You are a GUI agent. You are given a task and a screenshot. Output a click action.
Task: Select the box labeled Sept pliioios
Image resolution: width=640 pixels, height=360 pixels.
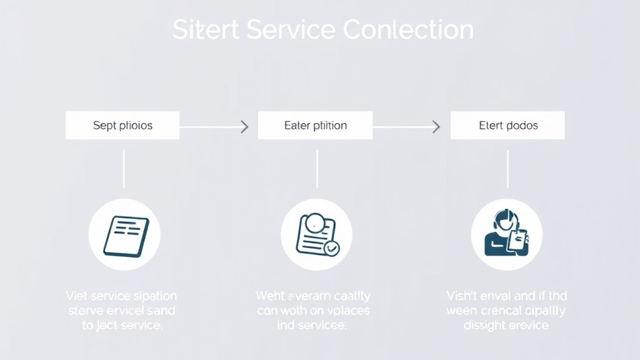[122, 126]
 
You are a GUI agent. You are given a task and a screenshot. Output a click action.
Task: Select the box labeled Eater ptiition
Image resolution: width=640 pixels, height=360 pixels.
[315, 126]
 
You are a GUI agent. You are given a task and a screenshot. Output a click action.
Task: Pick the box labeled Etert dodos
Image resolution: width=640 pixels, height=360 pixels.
[507, 126]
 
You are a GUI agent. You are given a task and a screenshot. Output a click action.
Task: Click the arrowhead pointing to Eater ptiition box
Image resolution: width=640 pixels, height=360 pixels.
[245, 127]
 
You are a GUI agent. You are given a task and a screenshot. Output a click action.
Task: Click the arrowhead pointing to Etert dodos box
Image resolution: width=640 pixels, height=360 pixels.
[436, 127]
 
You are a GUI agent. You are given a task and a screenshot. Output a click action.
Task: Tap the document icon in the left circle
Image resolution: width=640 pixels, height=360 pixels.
[125, 236]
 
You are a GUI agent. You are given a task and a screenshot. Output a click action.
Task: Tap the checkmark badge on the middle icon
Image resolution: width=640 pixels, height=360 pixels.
[332, 248]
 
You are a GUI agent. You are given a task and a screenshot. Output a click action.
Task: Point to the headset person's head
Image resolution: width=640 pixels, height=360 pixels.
[504, 219]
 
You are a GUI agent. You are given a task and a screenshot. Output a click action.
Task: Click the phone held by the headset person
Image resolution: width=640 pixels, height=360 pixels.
[518, 241]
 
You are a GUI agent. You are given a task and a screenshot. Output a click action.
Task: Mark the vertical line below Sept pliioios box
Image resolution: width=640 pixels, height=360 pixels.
[124, 169]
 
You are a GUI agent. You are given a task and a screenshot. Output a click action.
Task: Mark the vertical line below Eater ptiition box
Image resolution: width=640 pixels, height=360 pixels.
[317, 169]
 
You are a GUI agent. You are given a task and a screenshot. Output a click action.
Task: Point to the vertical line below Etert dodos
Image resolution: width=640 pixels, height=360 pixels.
[507, 169]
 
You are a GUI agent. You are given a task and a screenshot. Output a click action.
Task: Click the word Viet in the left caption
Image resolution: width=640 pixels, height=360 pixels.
[76, 296]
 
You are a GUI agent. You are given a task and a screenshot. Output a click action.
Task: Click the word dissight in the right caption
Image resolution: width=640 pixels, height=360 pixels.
[485, 325]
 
